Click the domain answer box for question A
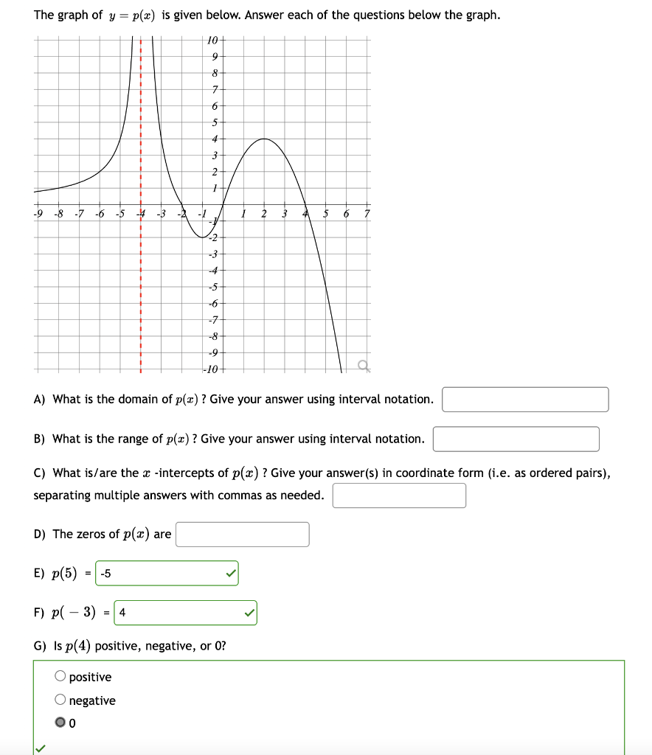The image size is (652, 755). [525, 400]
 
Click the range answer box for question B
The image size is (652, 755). [516, 439]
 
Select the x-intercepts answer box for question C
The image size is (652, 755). [399, 495]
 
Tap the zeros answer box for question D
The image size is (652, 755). [242, 535]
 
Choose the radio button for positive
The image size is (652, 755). [60, 677]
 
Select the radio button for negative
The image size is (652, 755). [60, 700]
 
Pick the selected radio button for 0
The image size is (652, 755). [60, 723]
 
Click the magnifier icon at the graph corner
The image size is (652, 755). [361, 365]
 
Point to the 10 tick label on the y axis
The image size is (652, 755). [212, 40]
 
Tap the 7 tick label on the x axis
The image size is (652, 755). [367, 215]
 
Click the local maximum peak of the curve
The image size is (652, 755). [263, 139]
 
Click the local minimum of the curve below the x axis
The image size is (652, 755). [202, 237]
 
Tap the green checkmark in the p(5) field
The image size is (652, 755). [231, 574]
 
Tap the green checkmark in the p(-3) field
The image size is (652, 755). [249, 613]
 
